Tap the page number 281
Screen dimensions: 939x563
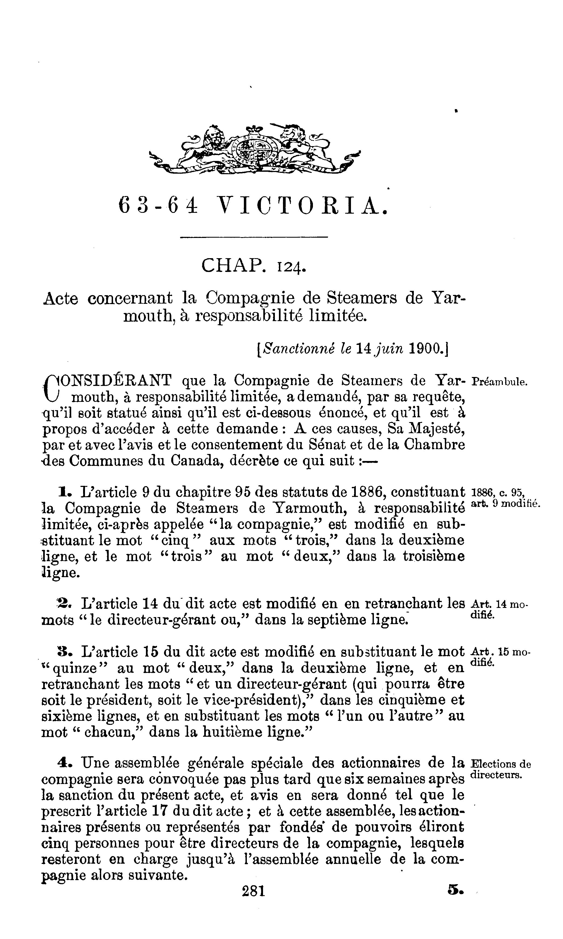click(x=253, y=890)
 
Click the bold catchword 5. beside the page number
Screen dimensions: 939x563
click(x=456, y=890)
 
